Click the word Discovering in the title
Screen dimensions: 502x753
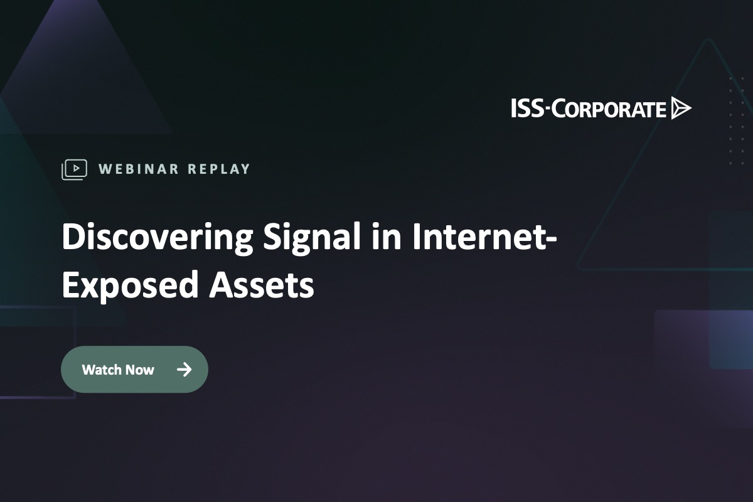pyautogui.click(x=157, y=238)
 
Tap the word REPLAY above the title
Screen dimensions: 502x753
pyautogui.click(x=219, y=169)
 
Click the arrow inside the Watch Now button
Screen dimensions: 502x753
pyautogui.click(x=184, y=370)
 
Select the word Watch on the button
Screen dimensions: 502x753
pyautogui.click(x=100, y=370)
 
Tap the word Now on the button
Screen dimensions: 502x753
pyautogui.click(x=139, y=370)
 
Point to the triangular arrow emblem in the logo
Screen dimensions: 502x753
pyautogui.click(x=680, y=109)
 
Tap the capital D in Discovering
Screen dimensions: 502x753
pyautogui.click(x=72, y=238)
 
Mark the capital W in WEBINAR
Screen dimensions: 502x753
pyautogui.click(x=105, y=169)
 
